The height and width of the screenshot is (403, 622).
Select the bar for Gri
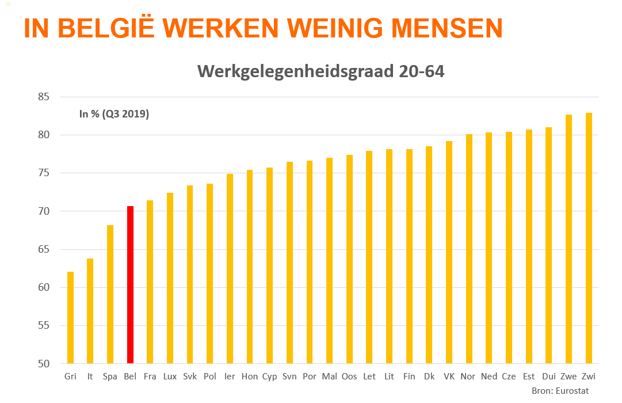[70, 317]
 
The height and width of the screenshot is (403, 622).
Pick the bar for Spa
[110, 294]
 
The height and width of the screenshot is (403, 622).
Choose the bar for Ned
[489, 248]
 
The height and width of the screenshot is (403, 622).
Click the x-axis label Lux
[170, 377]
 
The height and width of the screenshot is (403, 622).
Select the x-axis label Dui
[548, 377]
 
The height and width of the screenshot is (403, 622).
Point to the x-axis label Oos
[349, 377]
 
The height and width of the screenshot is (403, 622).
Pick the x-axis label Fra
[150, 377]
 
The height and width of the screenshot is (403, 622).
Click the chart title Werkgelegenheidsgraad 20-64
[320, 71]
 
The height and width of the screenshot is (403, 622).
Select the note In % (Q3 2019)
[114, 114]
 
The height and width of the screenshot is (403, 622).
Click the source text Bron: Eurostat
[561, 391]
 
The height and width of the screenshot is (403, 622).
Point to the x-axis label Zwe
[568, 377]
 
